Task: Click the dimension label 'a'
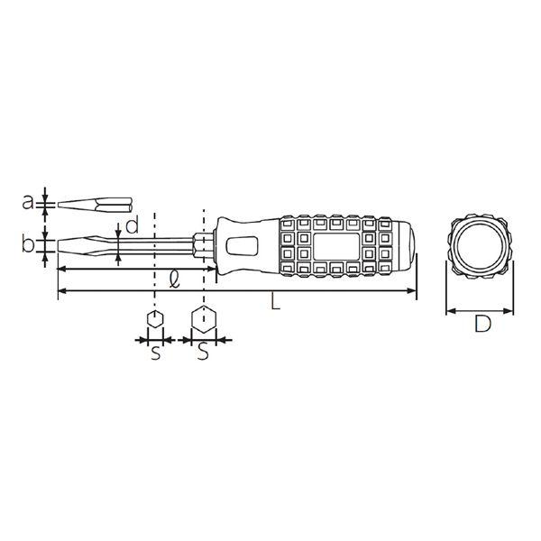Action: click(x=28, y=203)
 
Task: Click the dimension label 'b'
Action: click(x=28, y=243)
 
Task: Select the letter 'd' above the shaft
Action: click(x=132, y=224)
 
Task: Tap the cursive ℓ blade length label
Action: click(x=175, y=279)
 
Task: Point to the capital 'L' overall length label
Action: click(x=275, y=301)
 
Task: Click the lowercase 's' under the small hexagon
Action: click(x=156, y=353)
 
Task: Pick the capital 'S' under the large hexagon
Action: click(x=203, y=352)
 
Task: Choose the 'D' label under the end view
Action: click(x=482, y=324)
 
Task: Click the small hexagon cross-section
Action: click(x=155, y=318)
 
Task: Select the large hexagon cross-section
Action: click(x=204, y=319)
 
